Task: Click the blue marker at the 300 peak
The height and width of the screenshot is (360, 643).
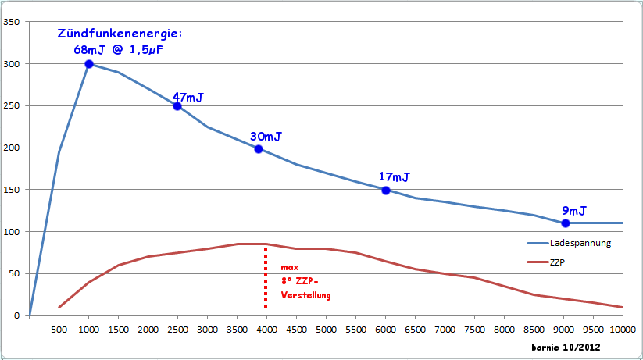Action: coord(89,64)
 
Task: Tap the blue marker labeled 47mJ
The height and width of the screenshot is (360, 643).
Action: coord(177,106)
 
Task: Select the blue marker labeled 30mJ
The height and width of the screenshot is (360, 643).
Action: coord(259,149)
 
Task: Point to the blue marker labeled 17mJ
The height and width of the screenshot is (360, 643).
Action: coord(386,191)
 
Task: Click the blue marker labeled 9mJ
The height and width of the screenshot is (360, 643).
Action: coord(566,223)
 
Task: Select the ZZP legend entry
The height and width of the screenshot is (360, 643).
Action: coord(557,262)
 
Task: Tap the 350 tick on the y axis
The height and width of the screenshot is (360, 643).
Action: coord(12,22)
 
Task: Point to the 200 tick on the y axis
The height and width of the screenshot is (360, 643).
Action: coord(12,148)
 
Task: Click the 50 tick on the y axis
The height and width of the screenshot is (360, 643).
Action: coord(14,274)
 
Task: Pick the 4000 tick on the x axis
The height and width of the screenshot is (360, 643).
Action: coord(266,330)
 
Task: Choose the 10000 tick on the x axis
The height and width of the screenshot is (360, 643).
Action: coord(622,330)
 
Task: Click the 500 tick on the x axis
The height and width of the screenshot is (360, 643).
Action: coord(59,330)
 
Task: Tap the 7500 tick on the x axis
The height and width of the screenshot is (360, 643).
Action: coord(474,330)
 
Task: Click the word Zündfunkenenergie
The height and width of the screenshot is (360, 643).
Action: coord(120,34)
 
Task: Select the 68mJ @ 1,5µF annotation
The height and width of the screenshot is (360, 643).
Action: coord(119,50)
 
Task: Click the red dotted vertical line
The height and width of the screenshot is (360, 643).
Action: coord(266,277)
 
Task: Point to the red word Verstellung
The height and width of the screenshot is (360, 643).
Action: coord(306,295)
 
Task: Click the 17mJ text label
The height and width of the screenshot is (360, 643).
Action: coord(395,177)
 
